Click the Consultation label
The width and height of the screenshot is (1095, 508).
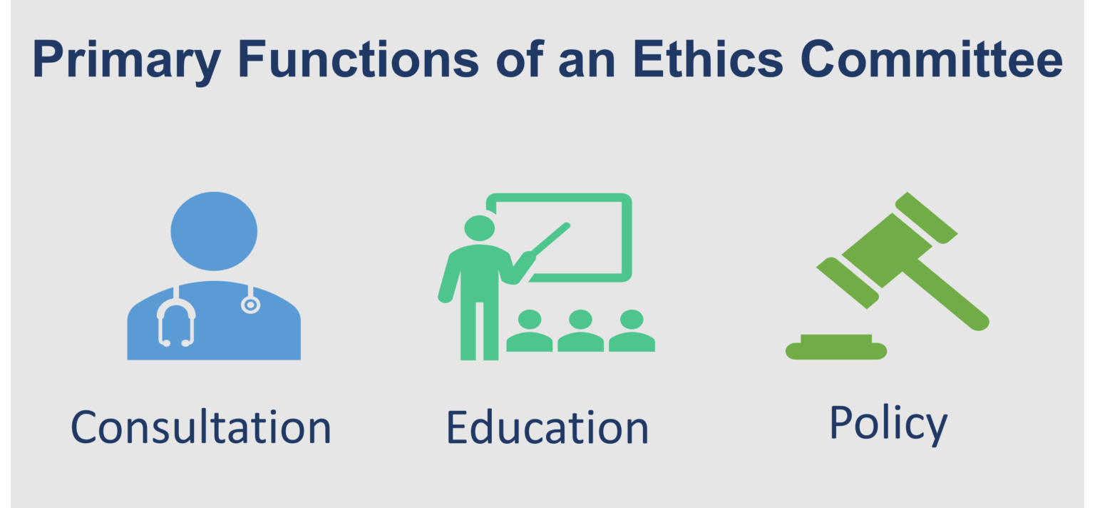click(201, 427)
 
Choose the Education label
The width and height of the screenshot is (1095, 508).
click(547, 427)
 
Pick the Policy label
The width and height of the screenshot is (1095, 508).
click(888, 422)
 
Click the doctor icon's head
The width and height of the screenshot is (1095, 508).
click(214, 231)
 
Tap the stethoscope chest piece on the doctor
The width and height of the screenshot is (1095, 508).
click(250, 305)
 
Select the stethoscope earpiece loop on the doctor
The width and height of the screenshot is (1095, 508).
click(175, 321)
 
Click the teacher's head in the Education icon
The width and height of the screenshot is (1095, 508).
click(479, 228)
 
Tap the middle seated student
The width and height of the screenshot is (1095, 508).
click(580, 332)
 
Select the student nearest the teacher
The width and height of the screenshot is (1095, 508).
click(530, 332)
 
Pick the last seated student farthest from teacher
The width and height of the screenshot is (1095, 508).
click(632, 332)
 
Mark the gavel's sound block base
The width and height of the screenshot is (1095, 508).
click(836, 347)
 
